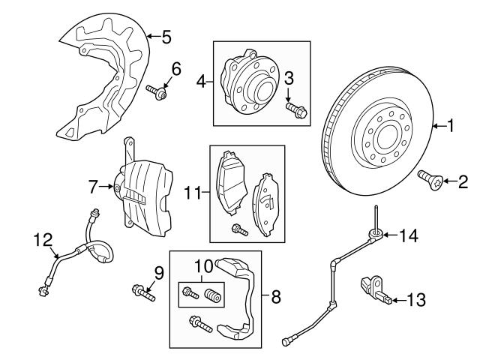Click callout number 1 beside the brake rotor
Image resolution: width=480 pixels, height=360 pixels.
point(451,127)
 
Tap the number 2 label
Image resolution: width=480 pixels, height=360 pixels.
point(462,180)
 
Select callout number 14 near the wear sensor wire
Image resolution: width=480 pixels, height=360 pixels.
point(408,235)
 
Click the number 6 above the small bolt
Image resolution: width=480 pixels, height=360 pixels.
point(176,69)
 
